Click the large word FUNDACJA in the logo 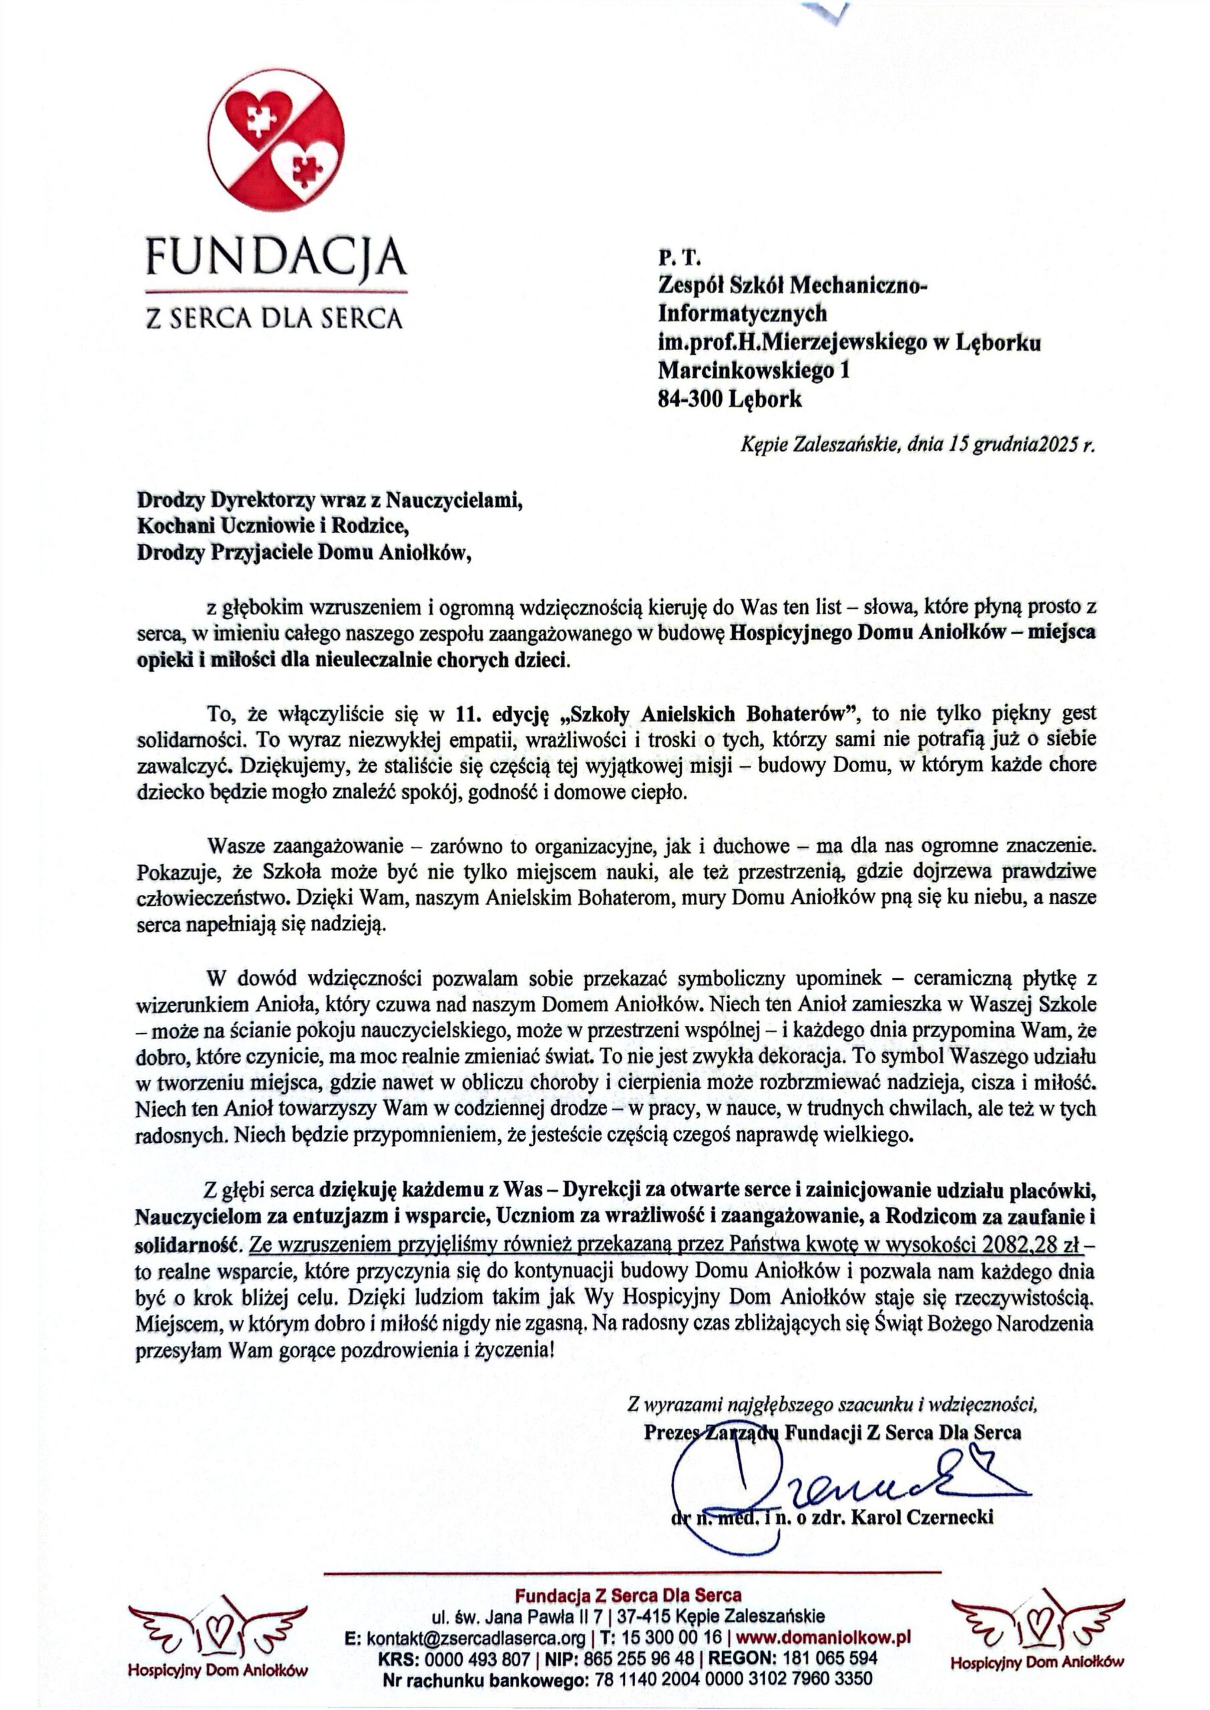pyautogui.click(x=276, y=258)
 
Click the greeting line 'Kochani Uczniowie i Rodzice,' pyautogui.click(x=273, y=526)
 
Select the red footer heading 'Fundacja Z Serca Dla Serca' pyautogui.click(x=628, y=1595)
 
